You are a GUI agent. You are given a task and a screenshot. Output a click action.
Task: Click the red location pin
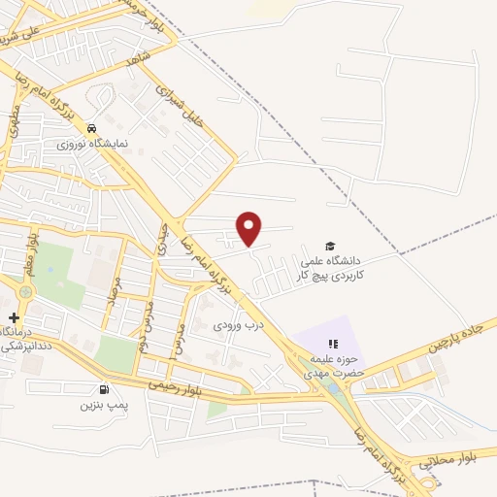coord(249,227)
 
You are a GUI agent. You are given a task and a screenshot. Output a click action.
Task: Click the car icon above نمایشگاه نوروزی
coord(91,128)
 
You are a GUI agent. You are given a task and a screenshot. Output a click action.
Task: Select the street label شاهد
coord(139,61)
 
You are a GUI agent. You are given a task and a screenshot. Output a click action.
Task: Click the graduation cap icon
coord(330,246)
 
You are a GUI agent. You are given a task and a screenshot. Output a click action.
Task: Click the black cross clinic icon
coord(14,317)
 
